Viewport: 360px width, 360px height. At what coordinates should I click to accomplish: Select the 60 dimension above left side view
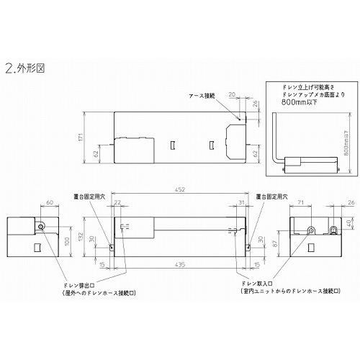(x=50, y=202)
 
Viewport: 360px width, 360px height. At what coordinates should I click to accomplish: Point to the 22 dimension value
(x=117, y=203)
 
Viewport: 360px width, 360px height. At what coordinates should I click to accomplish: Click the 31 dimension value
(x=241, y=203)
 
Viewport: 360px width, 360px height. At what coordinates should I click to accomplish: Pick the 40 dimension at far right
(x=347, y=222)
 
